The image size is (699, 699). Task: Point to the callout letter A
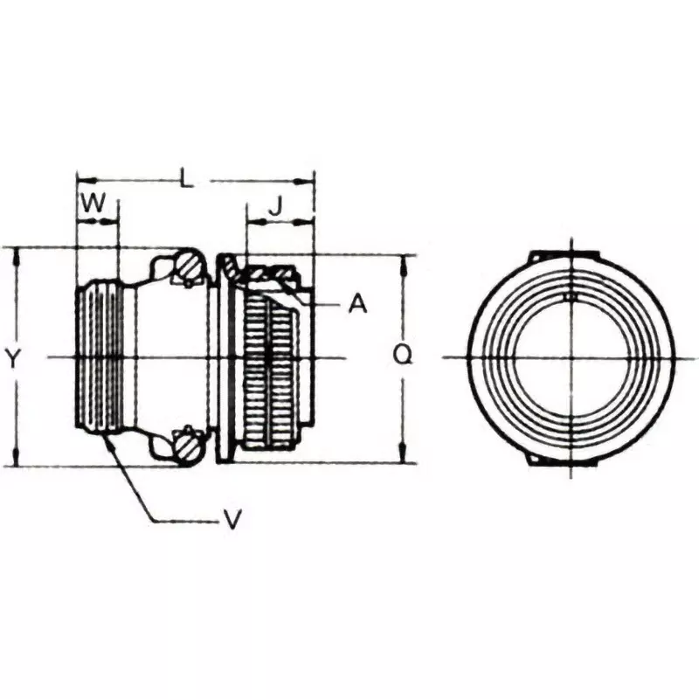[357, 304]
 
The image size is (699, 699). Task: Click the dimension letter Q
[403, 354]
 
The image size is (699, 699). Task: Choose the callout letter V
[232, 520]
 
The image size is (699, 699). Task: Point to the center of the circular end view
[570, 357]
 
